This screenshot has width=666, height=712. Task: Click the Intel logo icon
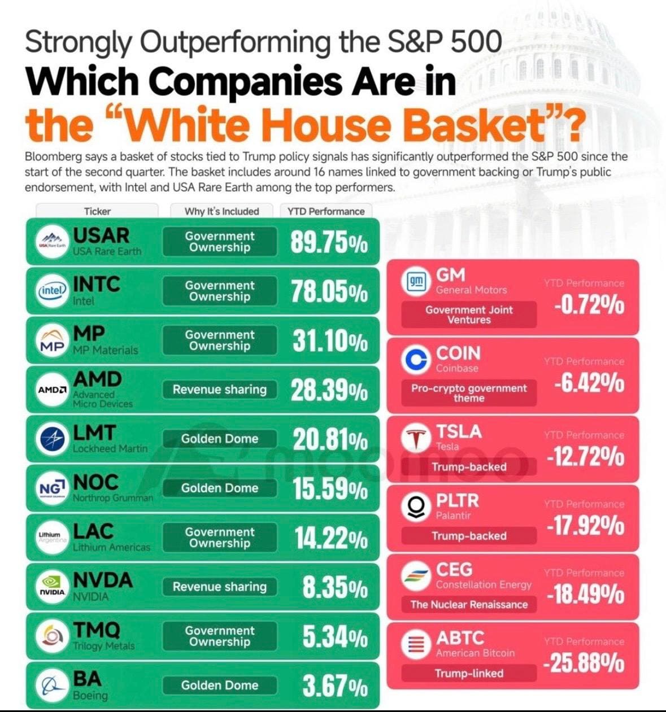(x=53, y=290)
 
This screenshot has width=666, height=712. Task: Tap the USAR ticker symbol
(x=101, y=235)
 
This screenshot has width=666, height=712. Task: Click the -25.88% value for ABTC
(x=584, y=663)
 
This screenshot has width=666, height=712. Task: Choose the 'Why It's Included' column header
(x=222, y=211)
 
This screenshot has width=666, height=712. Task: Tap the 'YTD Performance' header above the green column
(x=326, y=211)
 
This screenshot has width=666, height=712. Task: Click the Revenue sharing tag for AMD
(x=220, y=390)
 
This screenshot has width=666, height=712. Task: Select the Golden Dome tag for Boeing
(x=220, y=685)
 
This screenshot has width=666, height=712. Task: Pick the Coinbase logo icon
(x=416, y=361)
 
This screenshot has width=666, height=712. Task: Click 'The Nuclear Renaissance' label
(x=469, y=605)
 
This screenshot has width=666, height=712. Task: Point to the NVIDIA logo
(x=53, y=586)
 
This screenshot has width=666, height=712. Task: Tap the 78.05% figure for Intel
(x=329, y=291)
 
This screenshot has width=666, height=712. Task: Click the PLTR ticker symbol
(x=457, y=500)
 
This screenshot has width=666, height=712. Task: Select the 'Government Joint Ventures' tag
(x=469, y=314)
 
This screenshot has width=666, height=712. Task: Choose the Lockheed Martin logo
(x=53, y=439)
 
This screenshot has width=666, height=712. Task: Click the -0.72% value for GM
(x=589, y=305)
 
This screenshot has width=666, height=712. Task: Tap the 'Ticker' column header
(x=97, y=211)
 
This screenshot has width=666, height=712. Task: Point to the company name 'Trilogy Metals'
(x=104, y=646)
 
